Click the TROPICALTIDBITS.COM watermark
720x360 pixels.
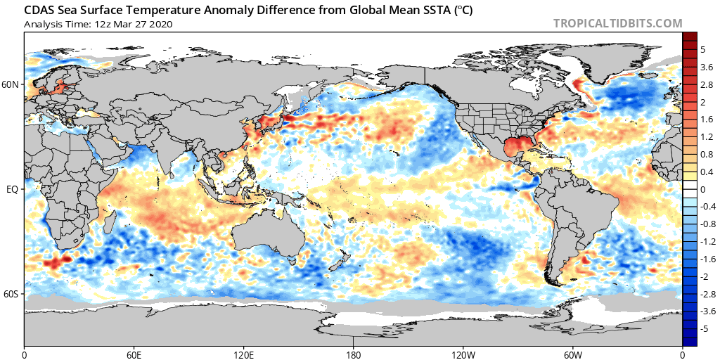617,23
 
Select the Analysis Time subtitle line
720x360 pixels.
98,25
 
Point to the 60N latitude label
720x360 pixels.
13,85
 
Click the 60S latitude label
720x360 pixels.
13,293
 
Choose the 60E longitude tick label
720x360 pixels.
134,354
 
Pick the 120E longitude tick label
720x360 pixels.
243,354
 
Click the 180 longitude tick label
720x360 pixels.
353,354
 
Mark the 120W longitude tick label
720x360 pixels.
463,354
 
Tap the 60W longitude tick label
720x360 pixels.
572,354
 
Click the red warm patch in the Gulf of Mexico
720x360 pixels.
518,148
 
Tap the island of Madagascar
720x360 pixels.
110,220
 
